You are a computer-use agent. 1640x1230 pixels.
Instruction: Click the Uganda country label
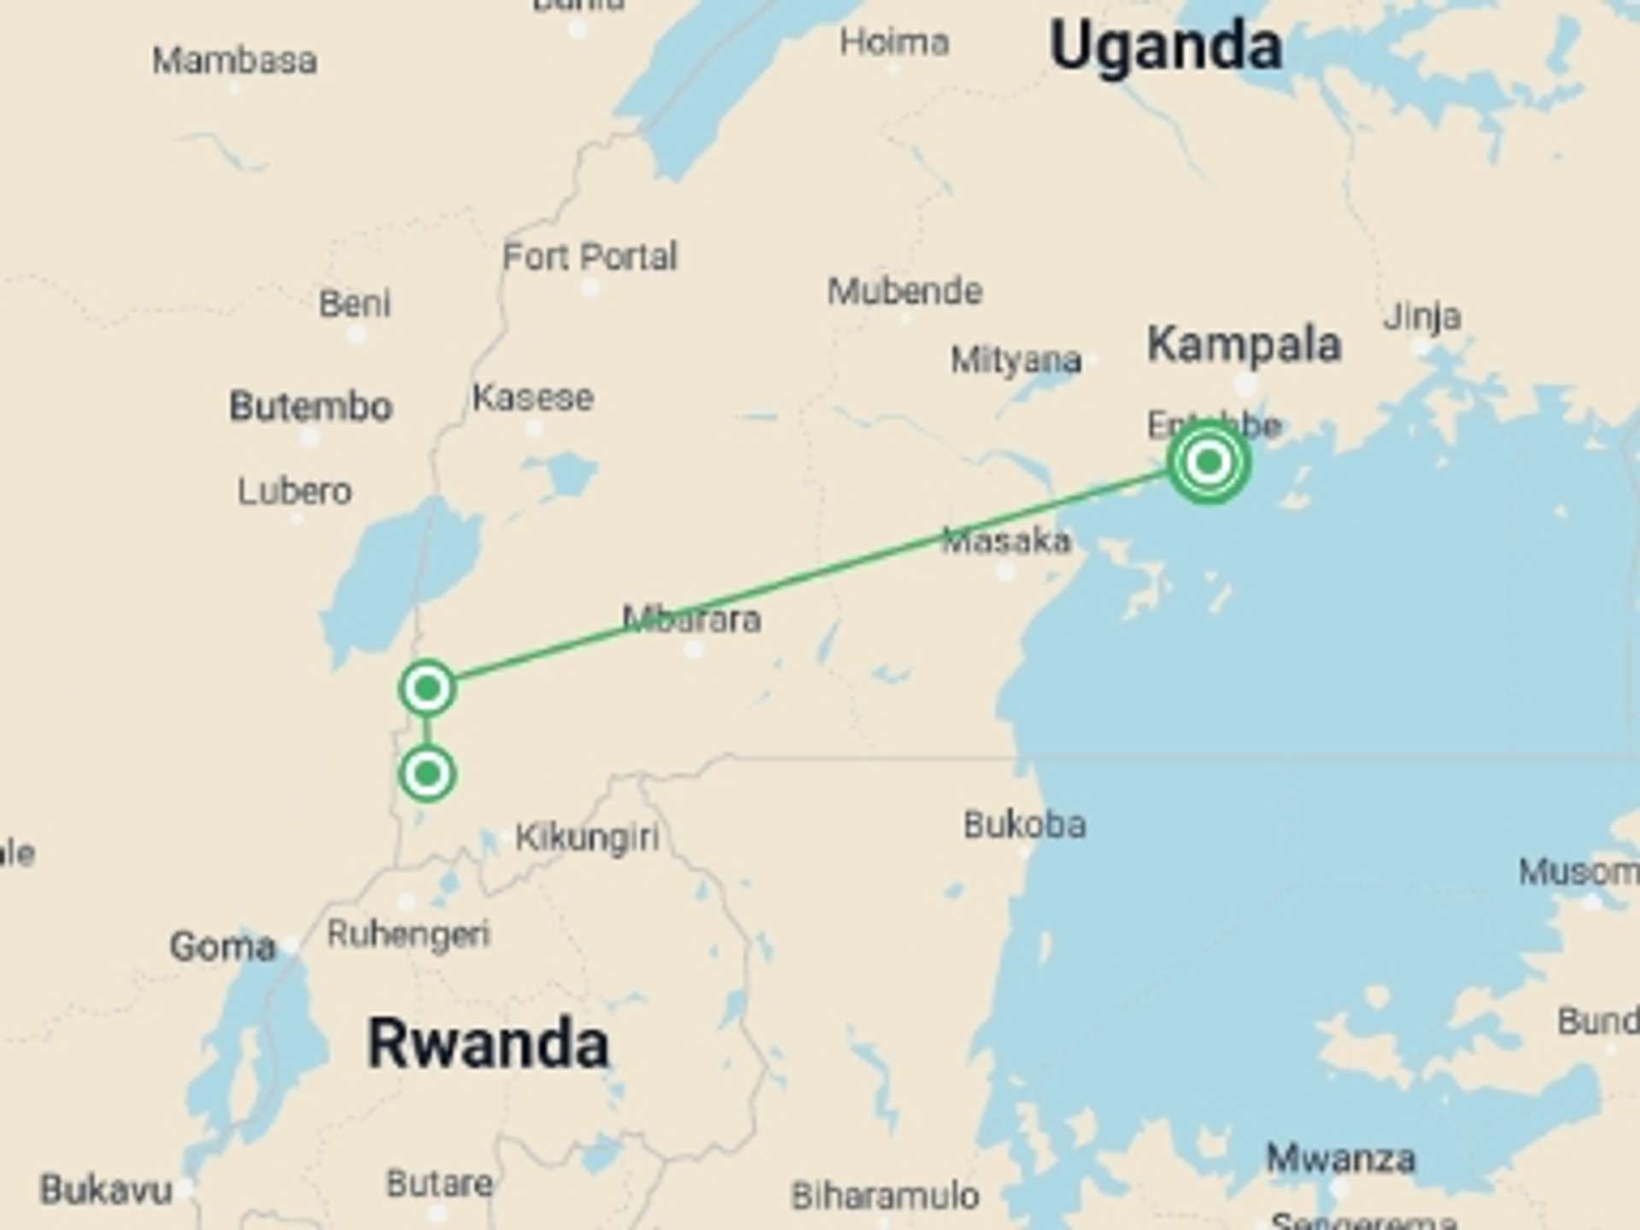pyautogui.click(x=1165, y=46)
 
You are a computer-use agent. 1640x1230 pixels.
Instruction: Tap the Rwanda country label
pyautogui.click(x=488, y=1044)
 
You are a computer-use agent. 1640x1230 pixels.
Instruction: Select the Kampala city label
pyautogui.click(x=1244, y=344)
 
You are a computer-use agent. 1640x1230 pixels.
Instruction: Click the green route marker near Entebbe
pyautogui.click(x=1208, y=462)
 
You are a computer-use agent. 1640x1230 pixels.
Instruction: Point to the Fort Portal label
pyautogui.click(x=589, y=256)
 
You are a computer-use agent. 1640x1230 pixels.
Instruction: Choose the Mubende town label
pyautogui.click(x=905, y=291)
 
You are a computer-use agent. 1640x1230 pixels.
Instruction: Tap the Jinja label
pyautogui.click(x=1422, y=317)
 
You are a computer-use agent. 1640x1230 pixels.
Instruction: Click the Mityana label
pyautogui.click(x=1016, y=360)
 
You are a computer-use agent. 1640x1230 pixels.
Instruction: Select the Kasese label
pyautogui.click(x=533, y=397)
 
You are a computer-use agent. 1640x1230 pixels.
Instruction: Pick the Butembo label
pyautogui.click(x=311, y=406)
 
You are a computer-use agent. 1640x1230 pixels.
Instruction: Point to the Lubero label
pyautogui.click(x=295, y=491)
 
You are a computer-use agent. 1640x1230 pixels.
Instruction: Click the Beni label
pyautogui.click(x=354, y=303)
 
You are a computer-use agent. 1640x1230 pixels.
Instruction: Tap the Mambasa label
pyautogui.click(x=235, y=61)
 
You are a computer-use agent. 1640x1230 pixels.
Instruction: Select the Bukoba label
pyautogui.click(x=1025, y=824)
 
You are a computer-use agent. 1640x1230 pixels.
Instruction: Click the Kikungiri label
pyautogui.click(x=588, y=837)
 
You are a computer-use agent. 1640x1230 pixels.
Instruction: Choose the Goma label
pyautogui.click(x=223, y=946)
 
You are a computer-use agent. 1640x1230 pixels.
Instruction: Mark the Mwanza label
pyautogui.click(x=1340, y=1159)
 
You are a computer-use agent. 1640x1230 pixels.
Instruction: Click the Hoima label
pyautogui.click(x=894, y=42)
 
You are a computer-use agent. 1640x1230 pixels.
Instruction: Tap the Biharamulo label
pyautogui.click(x=885, y=1196)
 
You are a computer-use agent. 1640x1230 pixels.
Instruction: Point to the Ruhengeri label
pyautogui.click(x=408, y=934)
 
